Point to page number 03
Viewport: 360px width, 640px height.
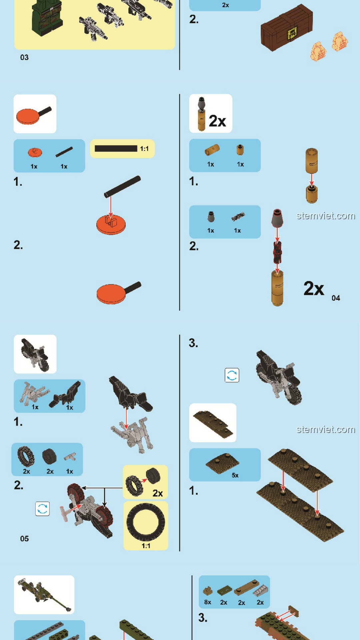(x=24, y=57)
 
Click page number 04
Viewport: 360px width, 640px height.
(x=336, y=298)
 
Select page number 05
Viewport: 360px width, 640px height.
(x=24, y=539)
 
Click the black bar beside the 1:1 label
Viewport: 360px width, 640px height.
(x=116, y=148)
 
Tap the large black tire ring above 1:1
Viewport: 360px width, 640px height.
(x=146, y=522)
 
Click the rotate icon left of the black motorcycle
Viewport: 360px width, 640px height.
(x=232, y=375)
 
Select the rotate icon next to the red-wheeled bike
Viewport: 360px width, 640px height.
(x=42, y=509)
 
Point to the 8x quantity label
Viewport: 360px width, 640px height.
(x=208, y=602)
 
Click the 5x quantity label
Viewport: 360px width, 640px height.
(x=235, y=475)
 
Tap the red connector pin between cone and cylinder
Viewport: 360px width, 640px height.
(x=277, y=252)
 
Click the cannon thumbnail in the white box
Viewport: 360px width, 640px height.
(x=44, y=595)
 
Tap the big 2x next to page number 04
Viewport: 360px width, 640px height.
(x=314, y=288)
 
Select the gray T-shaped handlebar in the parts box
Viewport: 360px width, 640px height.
(x=70, y=457)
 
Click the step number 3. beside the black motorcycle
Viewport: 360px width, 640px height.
(x=193, y=343)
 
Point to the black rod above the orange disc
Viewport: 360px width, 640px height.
(x=122, y=187)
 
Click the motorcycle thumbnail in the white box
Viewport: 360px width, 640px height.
(x=35, y=354)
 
